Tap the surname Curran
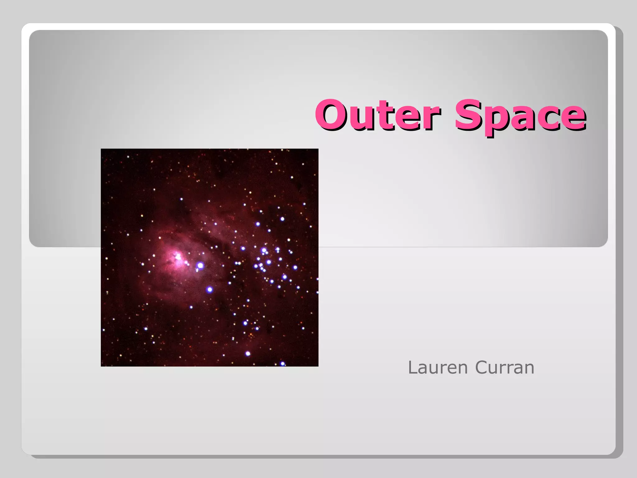tap(504, 368)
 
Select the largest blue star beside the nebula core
tap(200, 265)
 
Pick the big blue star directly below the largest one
tap(210, 290)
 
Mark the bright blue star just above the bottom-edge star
tap(248, 354)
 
